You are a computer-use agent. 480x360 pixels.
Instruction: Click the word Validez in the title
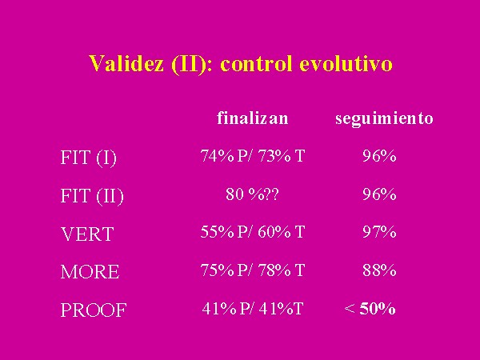(126, 64)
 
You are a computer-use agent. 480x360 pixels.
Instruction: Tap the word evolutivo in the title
(346, 64)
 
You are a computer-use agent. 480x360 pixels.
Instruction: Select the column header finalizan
(253, 118)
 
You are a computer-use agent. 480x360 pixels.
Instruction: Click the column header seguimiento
(384, 119)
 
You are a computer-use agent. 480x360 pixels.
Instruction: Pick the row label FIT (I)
(89, 158)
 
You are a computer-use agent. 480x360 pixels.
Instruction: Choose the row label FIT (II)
(92, 196)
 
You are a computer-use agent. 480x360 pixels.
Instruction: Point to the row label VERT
(87, 234)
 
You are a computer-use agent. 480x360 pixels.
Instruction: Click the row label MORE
(90, 272)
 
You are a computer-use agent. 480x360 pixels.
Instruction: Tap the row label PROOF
(94, 310)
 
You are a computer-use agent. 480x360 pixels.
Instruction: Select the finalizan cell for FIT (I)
(253, 156)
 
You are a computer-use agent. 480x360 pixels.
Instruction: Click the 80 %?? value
(252, 194)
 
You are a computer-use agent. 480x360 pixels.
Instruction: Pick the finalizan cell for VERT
(253, 232)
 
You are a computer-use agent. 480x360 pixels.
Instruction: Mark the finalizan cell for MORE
(253, 270)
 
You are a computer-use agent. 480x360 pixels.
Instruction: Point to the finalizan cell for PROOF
(253, 309)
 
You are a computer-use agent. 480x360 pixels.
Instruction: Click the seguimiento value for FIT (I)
(379, 156)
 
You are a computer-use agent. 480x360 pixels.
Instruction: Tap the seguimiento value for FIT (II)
(379, 194)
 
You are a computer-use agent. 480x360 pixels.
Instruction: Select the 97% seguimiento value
(379, 232)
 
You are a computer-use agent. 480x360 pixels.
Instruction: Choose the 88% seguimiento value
(379, 270)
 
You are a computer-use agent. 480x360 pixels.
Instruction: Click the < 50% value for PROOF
(370, 309)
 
